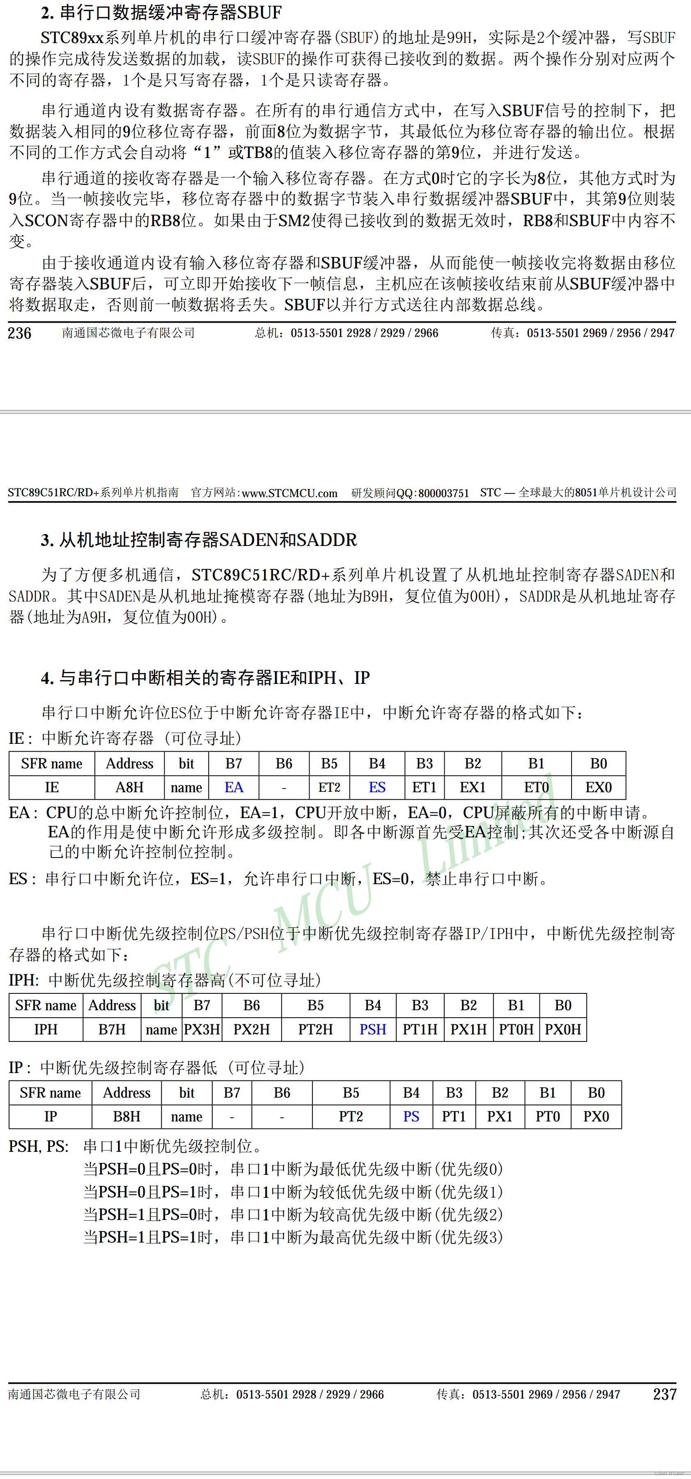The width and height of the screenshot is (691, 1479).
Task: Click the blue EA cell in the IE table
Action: pyautogui.click(x=234, y=787)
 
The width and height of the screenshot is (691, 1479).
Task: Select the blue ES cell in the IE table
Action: pyautogui.click(x=377, y=787)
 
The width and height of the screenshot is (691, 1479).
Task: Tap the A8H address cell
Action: pyautogui.click(x=129, y=787)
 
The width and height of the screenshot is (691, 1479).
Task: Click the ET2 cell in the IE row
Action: pyautogui.click(x=329, y=787)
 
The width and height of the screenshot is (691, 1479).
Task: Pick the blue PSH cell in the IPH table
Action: pyautogui.click(x=373, y=1030)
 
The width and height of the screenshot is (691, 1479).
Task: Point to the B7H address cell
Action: pyautogui.click(x=112, y=1030)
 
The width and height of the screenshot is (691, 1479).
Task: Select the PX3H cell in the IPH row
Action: pyautogui.click(x=202, y=1030)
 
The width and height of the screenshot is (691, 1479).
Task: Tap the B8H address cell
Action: pyautogui.click(x=126, y=1117)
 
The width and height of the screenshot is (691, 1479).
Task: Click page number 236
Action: pyautogui.click(x=20, y=333)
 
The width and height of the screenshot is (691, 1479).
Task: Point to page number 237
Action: pyautogui.click(x=665, y=1394)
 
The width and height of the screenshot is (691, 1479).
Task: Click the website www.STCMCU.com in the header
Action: pyautogui.click(x=289, y=493)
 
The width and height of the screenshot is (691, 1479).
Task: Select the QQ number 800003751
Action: pyautogui.click(x=443, y=493)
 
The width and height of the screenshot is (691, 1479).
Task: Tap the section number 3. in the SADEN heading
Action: pyautogui.click(x=47, y=540)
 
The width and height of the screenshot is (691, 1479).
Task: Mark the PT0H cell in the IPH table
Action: pyautogui.click(x=516, y=1030)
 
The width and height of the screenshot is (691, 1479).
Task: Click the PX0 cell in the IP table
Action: pyautogui.click(x=596, y=1117)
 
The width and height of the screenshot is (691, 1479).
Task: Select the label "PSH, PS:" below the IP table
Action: pyautogui.click(x=39, y=1146)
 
